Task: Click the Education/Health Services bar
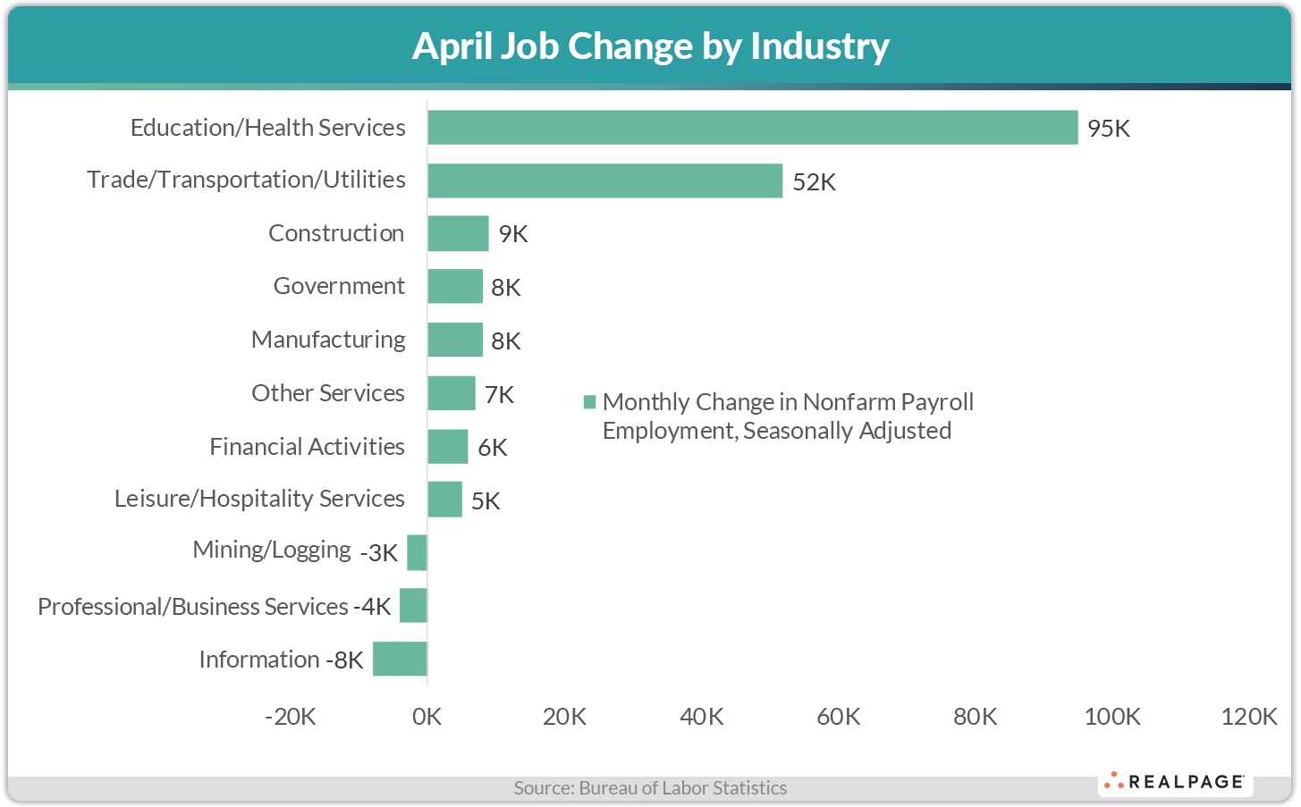pos(752,128)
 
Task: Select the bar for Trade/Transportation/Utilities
pos(604,181)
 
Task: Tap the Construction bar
pos(458,233)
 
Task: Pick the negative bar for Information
pos(400,659)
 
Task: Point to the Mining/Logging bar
pos(417,552)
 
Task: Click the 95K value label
pos(1109,129)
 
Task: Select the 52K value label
pos(814,182)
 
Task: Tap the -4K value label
pos(372,607)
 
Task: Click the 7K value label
pos(499,395)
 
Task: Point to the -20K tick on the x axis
pos(291,717)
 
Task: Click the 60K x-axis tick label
pos(838,717)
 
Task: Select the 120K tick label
pos(1248,717)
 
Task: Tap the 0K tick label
pos(427,717)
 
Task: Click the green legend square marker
pos(589,402)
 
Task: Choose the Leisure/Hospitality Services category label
pos(259,499)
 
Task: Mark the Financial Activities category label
pos(307,447)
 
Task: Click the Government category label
pos(339,286)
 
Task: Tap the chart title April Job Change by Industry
pos(650,46)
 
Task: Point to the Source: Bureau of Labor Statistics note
pos(650,788)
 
